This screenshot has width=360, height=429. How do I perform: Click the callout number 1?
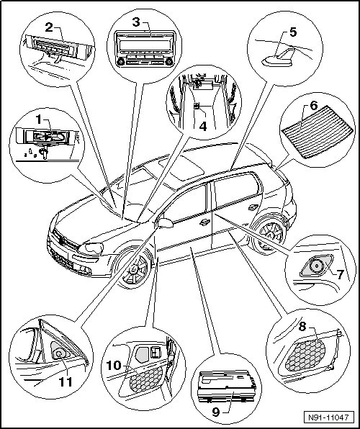tap(39, 119)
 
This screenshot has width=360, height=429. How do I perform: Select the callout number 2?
tap(49, 27)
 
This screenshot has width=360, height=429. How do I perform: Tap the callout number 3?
tap(136, 22)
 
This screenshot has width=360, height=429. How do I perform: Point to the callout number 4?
tap(203, 127)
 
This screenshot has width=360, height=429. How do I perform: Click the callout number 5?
tap(293, 32)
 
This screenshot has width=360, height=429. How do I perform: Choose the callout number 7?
tap(340, 274)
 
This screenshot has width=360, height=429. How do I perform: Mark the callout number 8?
tap(302, 326)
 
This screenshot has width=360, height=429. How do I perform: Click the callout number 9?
tap(216, 412)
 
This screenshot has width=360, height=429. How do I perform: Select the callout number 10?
tap(114, 366)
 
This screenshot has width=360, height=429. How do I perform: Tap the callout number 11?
tap(66, 382)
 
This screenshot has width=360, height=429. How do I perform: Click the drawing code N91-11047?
tap(329, 417)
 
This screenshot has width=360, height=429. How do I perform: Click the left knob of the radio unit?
tap(120, 62)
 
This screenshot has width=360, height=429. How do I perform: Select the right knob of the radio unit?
tap(169, 62)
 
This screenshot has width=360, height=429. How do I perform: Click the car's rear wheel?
tap(270, 235)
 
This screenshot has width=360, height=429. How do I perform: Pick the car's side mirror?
tap(165, 223)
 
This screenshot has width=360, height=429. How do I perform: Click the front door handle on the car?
tap(204, 222)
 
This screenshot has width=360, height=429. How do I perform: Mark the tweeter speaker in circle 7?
tap(316, 266)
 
